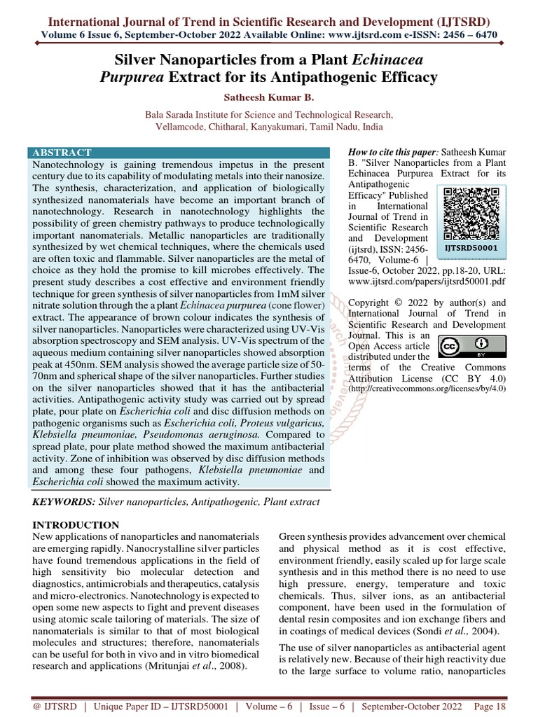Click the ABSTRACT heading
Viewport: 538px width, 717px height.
pos(62,152)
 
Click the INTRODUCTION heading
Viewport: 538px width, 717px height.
pos(76,524)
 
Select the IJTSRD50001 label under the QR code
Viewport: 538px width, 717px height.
pos(471,247)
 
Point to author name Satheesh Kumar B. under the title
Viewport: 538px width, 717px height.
pos(269,97)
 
